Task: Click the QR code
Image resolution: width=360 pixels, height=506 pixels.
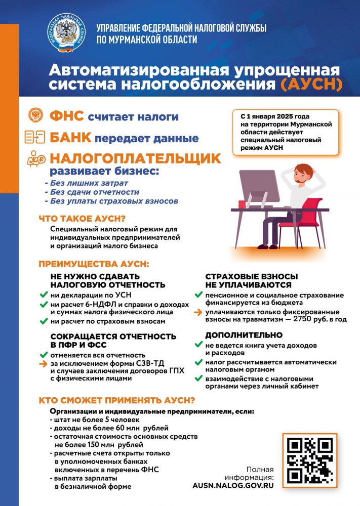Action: tap(310, 460)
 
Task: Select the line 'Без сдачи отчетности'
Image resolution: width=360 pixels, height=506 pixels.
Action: tap(92, 192)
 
